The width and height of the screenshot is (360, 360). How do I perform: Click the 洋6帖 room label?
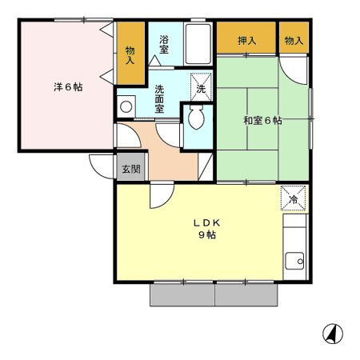(68, 87)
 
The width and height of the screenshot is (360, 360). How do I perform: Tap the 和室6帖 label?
(262, 121)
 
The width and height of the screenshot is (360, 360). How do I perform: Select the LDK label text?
(207, 223)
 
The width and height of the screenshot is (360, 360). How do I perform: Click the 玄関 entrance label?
(131, 169)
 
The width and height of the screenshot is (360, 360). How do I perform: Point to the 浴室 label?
(164, 44)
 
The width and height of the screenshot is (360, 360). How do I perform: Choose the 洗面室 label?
(159, 99)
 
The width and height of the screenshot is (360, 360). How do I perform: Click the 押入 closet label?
(247, 41)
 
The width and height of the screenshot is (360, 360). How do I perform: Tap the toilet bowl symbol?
(196, 117)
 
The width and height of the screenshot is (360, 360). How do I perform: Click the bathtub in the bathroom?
(198, 44)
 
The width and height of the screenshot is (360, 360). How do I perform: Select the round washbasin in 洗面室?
(126, 106)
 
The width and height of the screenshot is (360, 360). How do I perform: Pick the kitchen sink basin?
(294, 261)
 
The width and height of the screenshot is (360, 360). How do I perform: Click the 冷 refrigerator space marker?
(294, 198)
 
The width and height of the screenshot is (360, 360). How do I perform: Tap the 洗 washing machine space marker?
(201, 87)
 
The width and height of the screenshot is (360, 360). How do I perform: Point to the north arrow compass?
(333, 334)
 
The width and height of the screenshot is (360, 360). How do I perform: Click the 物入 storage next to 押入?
(294, 41)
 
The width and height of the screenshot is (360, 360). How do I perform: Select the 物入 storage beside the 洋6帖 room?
(130, 55)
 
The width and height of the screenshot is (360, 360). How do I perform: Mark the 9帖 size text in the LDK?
(207, 234)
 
